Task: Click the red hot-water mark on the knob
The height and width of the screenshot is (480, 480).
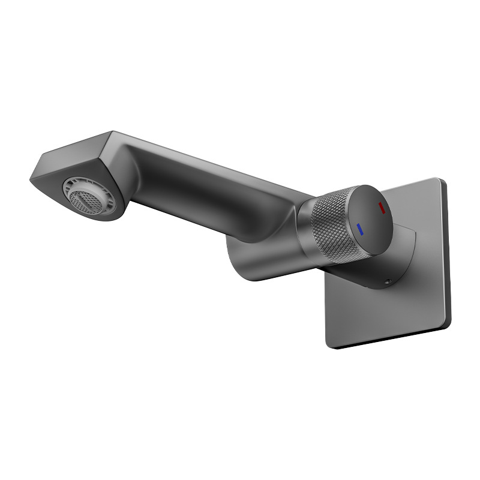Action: pos(381,208)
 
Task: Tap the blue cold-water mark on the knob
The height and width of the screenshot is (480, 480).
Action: pos(359,229)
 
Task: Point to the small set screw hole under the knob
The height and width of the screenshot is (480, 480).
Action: pos(388,281)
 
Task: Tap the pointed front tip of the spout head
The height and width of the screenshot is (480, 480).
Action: pos(31,178)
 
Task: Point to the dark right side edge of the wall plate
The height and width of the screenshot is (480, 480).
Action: pos(447,252)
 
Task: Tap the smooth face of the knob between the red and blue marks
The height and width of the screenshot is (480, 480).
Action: pos(370,218)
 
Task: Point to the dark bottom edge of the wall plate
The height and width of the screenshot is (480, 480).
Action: pos(390,338)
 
